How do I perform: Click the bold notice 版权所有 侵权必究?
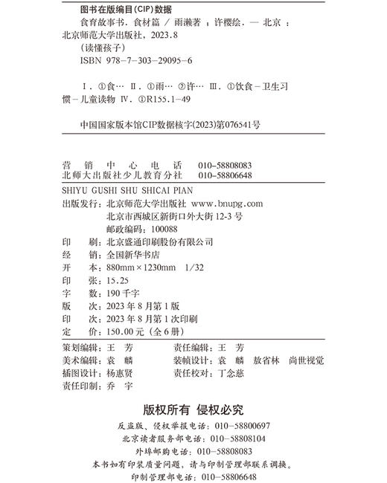pos(193,410)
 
